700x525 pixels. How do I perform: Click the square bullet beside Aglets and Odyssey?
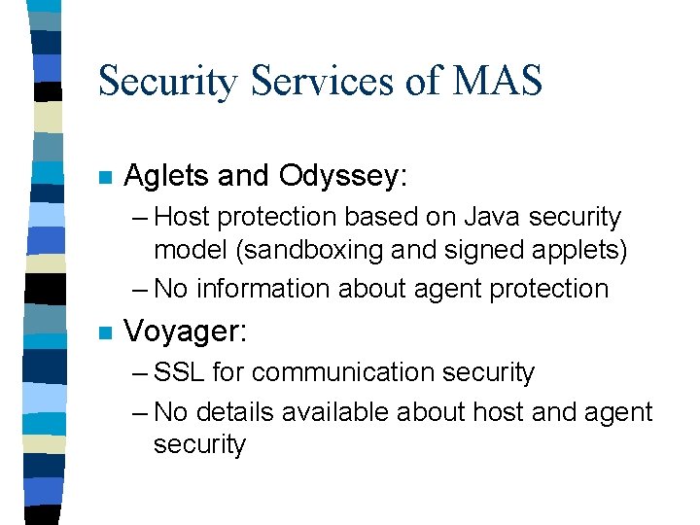point(106,178)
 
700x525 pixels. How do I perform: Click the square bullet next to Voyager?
point(106,333)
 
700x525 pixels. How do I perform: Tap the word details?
point(233,411)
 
